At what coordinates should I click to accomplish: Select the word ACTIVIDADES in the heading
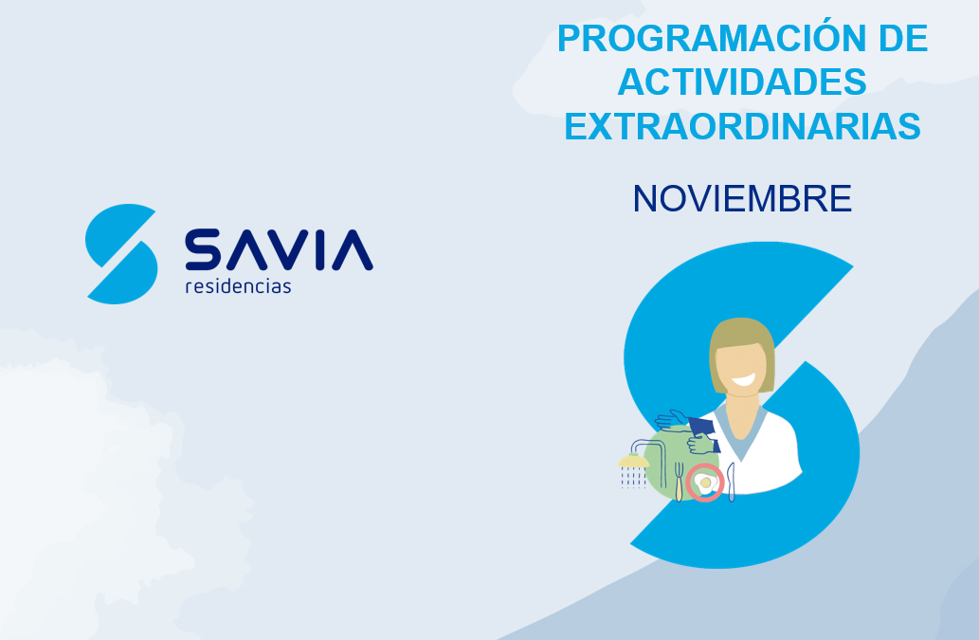[742, 82]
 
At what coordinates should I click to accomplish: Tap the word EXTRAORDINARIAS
[742, 126]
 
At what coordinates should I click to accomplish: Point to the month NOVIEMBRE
[742, 198]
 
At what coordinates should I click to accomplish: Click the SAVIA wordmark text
[279, 249]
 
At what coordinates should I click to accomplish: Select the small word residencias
[239, 286]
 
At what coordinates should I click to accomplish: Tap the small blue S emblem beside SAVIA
[121, 253]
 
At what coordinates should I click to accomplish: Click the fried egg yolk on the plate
[705, 483]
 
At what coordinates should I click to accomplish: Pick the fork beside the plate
[679, 481]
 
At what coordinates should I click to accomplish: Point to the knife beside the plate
[731, 482]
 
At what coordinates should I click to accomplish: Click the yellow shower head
[633, 462]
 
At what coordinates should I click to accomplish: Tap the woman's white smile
[743, 379]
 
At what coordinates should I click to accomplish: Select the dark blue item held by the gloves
[703, 432]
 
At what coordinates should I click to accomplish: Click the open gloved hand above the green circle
[672, 420]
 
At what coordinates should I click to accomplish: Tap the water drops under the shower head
[633, 478]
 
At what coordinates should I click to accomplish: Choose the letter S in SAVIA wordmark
[203, 249]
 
